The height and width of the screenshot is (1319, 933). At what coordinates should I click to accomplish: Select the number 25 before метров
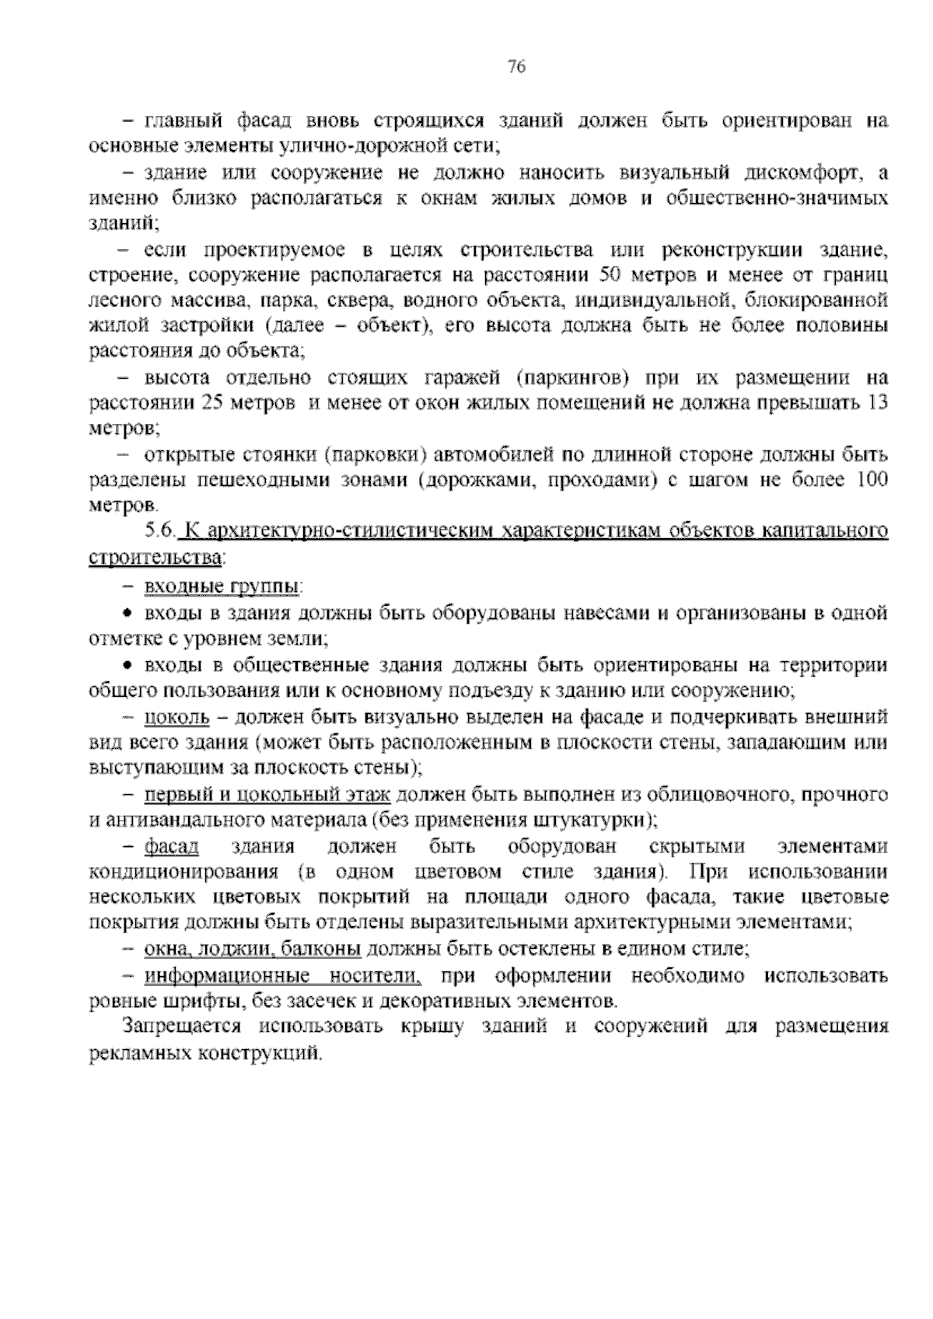[211, 403]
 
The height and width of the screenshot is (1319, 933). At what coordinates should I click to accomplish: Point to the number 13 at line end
[876, 403]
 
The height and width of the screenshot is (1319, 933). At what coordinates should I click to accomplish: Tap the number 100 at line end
[871, 480]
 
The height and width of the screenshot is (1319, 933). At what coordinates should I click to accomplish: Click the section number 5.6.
[161, 532]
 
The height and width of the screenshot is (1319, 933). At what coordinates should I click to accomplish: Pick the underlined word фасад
[171, 846]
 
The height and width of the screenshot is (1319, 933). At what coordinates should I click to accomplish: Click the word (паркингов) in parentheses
[572, 378]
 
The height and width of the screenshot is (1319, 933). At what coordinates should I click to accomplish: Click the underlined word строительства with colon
[157, 558]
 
